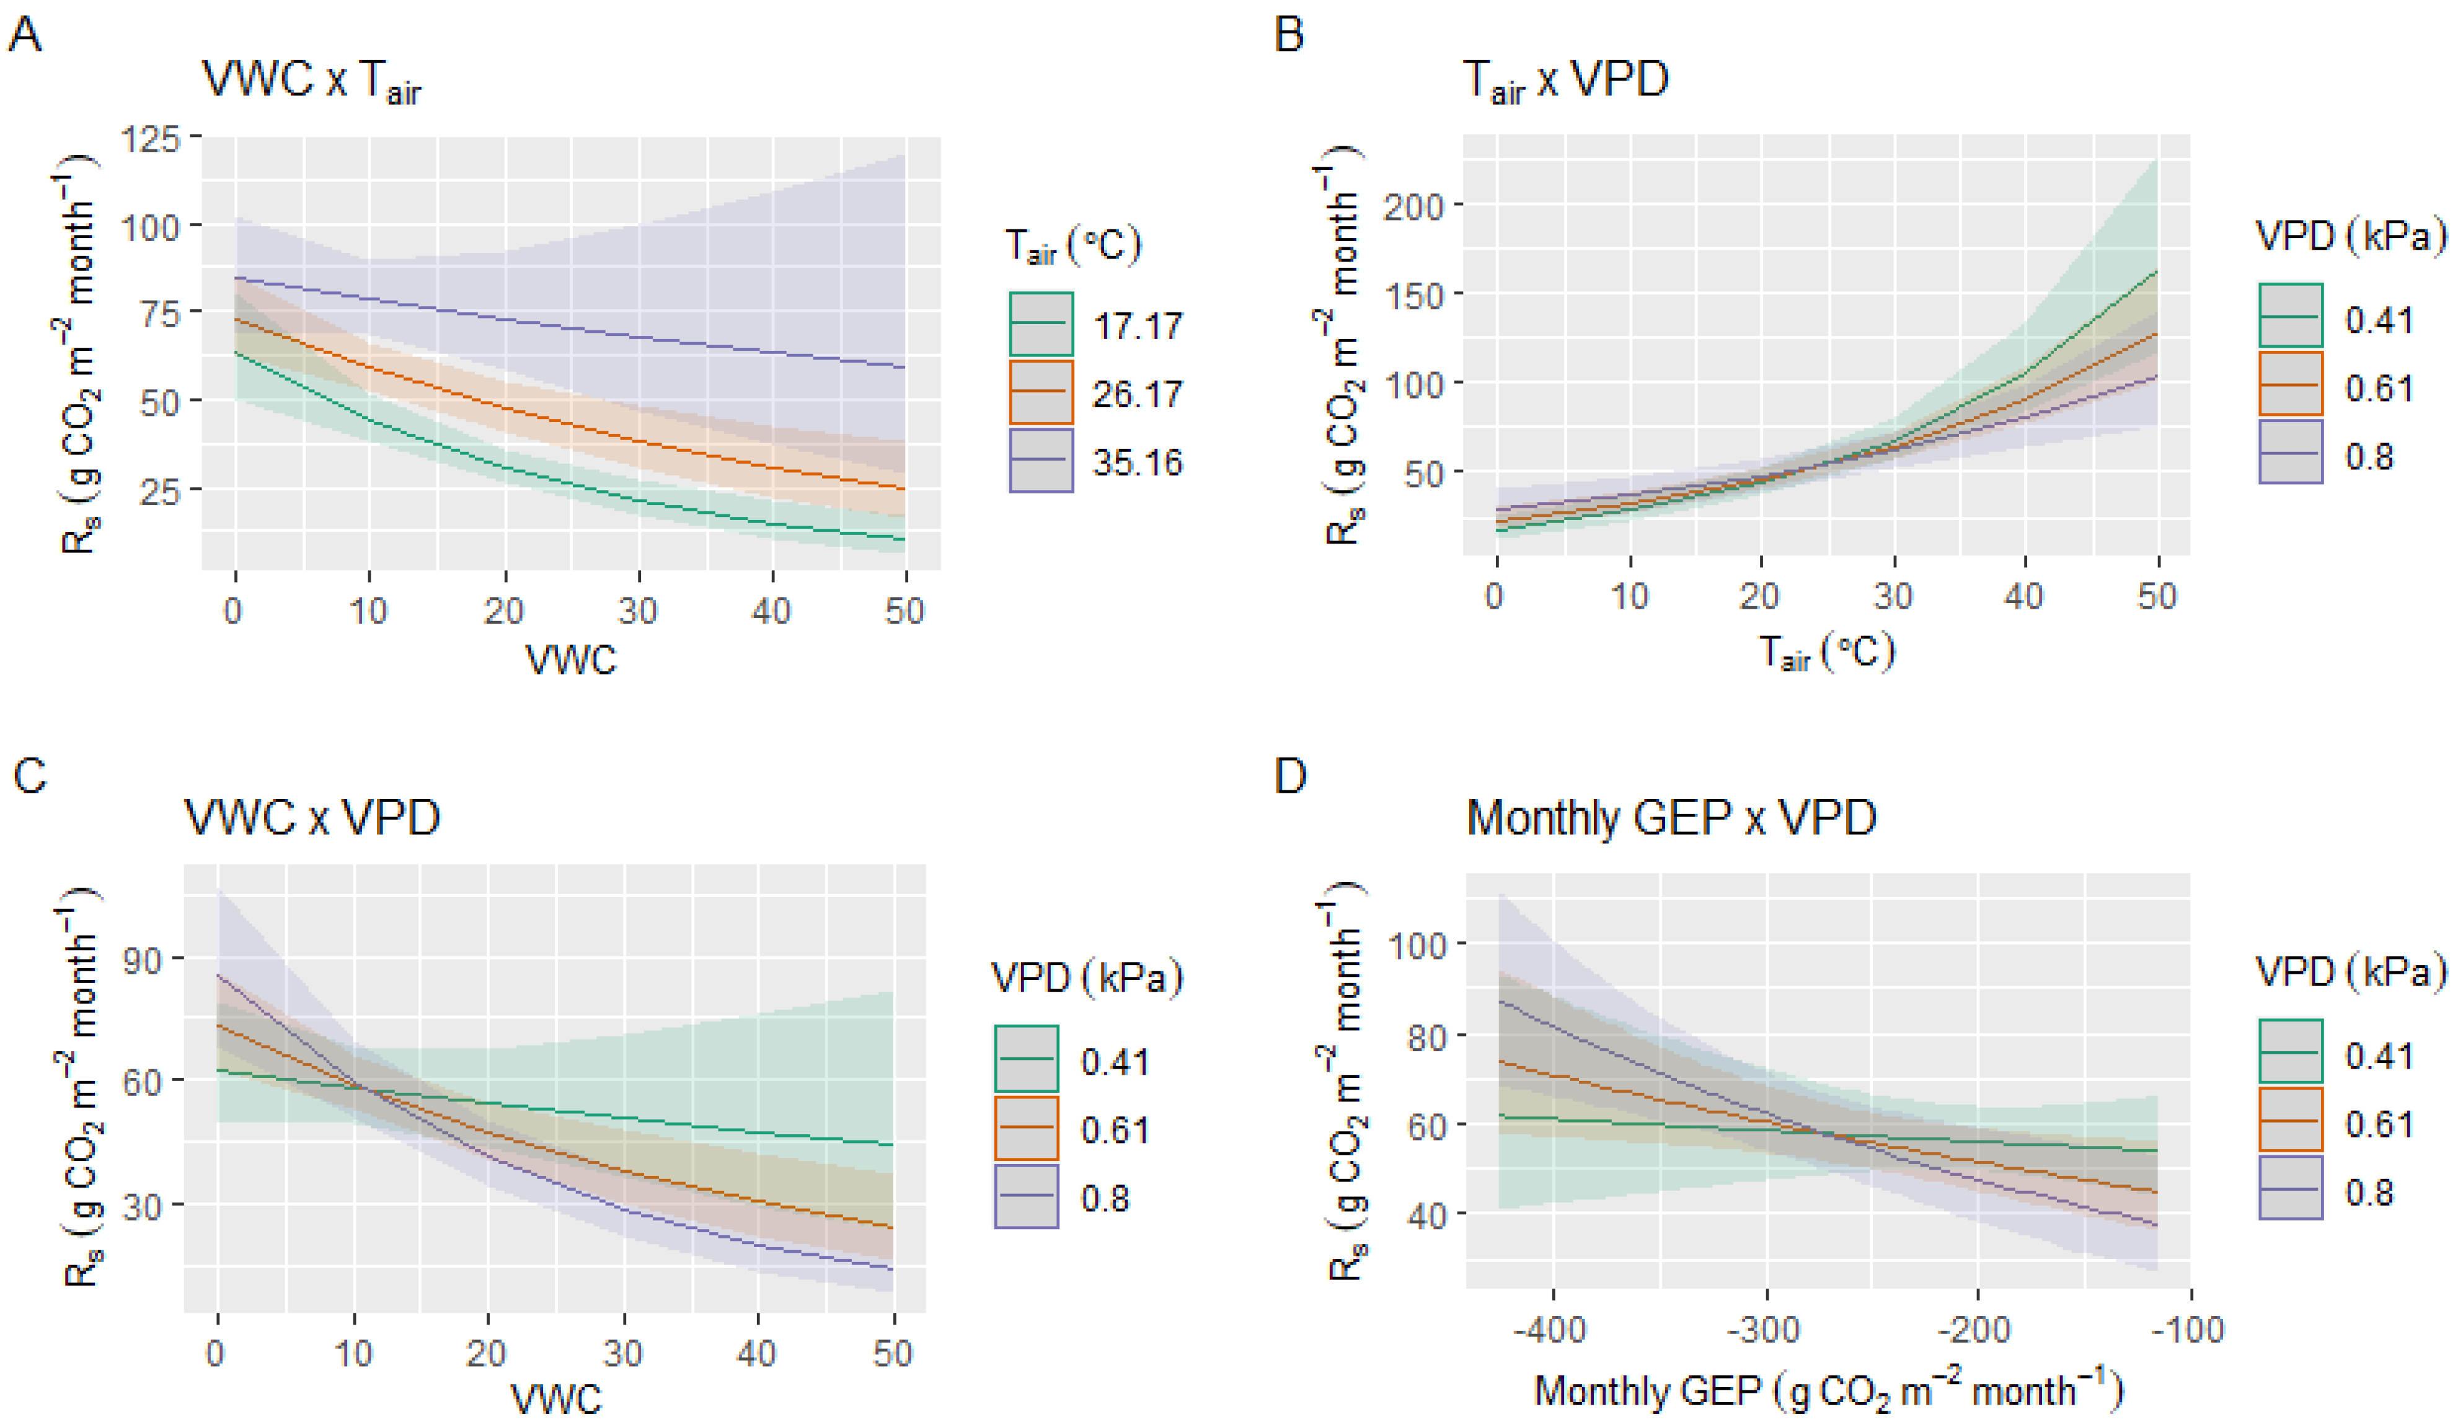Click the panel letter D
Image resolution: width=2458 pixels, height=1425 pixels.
pyautogui.click(x=1291, y=777)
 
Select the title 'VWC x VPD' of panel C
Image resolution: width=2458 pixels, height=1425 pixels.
pyautogui.click(x=312, y=818)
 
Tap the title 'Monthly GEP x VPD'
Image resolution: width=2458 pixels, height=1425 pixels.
pyautogui.click(x=1671, y=818)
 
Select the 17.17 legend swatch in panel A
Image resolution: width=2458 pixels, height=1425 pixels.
pyautogui.click(x=1041, y=324)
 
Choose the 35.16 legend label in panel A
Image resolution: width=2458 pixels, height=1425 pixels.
pyautogui.click(x=1138, y=461)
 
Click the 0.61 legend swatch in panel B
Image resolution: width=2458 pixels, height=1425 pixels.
pyautogui.click(x=2290, y=384)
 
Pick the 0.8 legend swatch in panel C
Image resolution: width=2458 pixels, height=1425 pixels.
pyautogui.click(x=1026, y=1196)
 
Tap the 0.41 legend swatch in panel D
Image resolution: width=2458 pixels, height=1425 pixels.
pyautogui.click(x=2290, y=1051)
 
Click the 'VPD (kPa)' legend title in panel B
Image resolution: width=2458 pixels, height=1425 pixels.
pyautogui.click(x=2351, y=236)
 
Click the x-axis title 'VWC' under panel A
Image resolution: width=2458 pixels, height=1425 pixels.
pyautogui.click(x=572, y=660)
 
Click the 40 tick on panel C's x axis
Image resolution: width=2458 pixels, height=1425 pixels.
pyautogui.click(x=756, y=1353)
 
